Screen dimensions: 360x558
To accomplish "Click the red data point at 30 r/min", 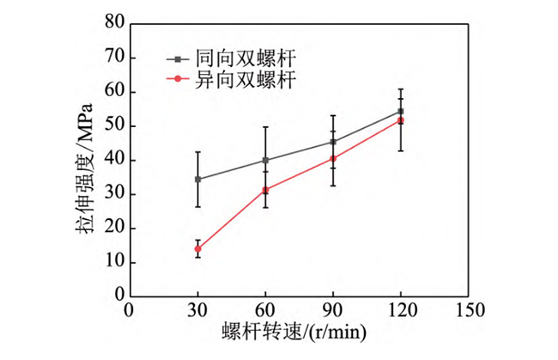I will tap(197, 248).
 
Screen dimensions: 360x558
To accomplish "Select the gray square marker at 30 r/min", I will tap(197, 180).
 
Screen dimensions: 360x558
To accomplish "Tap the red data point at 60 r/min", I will tap(265, 190).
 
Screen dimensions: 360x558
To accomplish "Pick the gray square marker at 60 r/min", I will tap(265, 160).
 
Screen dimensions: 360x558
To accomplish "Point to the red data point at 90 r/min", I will tap(333, 158).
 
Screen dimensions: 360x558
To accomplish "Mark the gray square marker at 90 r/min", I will tap(333, 142).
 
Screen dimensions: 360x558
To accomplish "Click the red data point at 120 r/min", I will tap(400, 120).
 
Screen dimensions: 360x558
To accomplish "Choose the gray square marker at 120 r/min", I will tap(400, 111).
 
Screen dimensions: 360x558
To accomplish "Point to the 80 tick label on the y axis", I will tap(113, 24).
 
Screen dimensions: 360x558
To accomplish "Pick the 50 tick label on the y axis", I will tap(113, 126).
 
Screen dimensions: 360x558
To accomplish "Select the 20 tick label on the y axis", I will tap(113, 229).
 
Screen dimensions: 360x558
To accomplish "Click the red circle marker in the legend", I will tap(179, 79).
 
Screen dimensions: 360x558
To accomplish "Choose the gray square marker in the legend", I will tap(179, 59).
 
